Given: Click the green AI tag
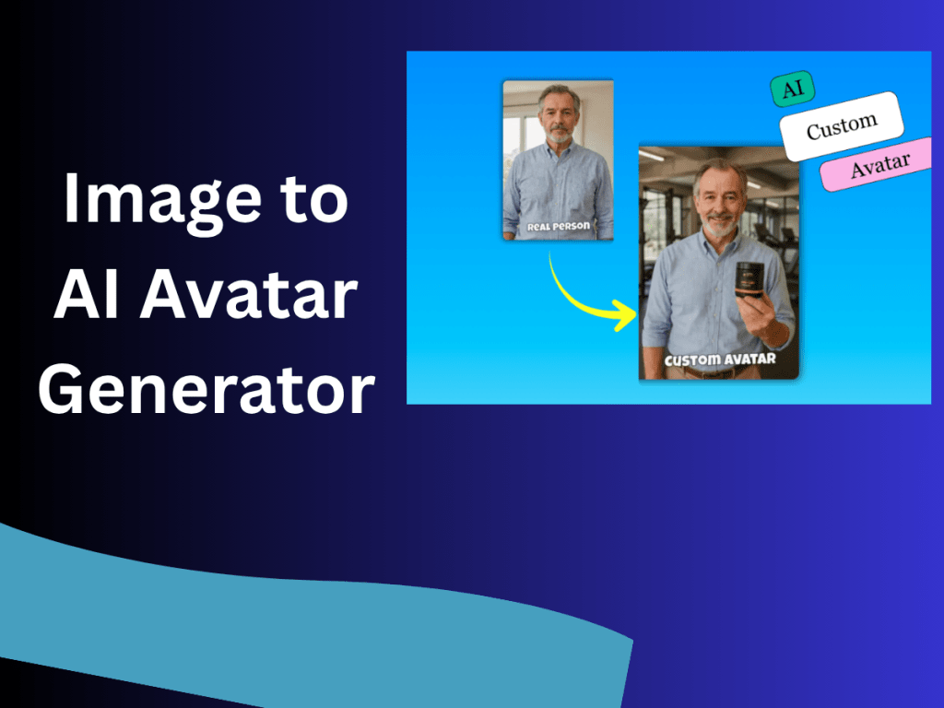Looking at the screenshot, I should (792, 89).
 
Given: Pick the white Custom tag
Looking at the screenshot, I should (841, 126).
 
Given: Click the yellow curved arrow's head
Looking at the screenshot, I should (627, 316).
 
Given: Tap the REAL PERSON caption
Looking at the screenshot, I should (557, 226).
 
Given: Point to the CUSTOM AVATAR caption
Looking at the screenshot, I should (719, 359).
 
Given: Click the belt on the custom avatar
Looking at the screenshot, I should (714, 372).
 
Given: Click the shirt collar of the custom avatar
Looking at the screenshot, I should (719, 242).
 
